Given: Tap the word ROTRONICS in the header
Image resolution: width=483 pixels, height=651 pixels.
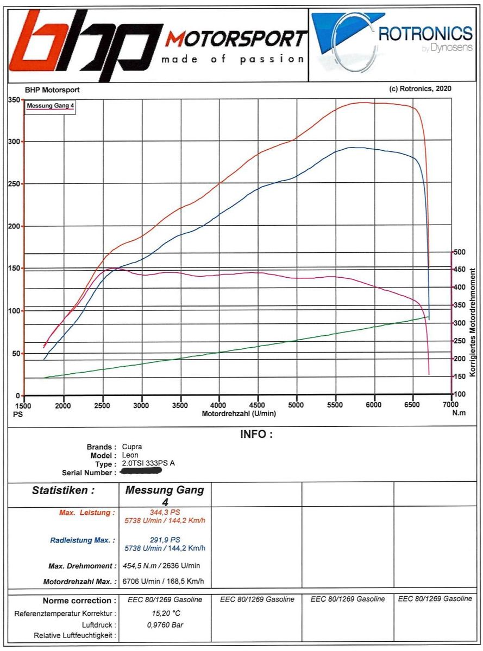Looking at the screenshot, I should (425, 34).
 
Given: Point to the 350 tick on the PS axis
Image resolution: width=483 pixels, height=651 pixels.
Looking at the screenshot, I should (14, 100).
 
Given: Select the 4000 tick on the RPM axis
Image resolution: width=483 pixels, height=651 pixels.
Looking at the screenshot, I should (218, 405).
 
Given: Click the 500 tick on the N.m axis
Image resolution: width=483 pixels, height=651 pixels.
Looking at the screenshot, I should (460, 252).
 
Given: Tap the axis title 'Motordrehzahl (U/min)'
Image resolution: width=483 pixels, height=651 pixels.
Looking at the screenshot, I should (239, 413).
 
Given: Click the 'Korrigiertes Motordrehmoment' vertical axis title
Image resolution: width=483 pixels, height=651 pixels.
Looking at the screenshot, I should (473, 322).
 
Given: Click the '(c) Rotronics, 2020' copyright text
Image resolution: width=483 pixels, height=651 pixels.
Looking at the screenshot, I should (421, 88).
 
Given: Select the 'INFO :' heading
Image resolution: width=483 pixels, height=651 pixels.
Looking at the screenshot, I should (256, 435).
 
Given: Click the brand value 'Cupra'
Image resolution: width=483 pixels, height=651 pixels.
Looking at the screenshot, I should (132, 447).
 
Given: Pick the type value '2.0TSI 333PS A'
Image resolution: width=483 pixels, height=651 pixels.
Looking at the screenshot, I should (148, 464).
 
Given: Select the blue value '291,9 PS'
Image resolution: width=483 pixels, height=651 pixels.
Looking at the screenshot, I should (165, 540).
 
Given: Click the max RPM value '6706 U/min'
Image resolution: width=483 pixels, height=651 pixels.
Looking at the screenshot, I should (142, 581).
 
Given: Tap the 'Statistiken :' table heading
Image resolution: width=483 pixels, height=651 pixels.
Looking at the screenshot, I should (64, 491).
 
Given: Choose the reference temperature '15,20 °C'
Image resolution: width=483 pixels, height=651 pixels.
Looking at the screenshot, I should (165, 613).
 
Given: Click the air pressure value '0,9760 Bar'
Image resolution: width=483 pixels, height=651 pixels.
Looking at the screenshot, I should (165, 625).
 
